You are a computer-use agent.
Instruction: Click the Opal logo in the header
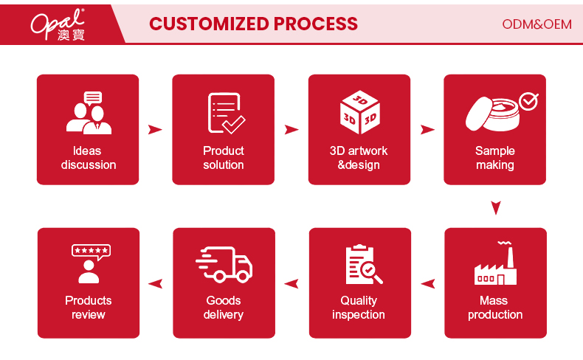(58, 24)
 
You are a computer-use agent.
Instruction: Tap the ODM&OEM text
(537, 24)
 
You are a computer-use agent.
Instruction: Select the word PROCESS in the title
(316, 24)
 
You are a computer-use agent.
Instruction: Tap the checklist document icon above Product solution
(224, 112)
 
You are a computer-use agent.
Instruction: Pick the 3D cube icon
(359, 111)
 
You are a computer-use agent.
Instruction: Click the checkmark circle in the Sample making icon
(528, 101)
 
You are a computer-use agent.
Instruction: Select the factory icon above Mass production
(495, 265)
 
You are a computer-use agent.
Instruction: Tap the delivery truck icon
(224, 264)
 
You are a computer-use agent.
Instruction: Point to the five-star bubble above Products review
(90, 250)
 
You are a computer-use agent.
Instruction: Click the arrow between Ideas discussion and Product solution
(155, 130)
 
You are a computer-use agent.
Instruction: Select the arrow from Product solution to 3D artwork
(291, 130)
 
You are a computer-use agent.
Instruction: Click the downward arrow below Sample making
(496, 207)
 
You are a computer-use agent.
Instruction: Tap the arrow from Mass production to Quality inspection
(428, 283)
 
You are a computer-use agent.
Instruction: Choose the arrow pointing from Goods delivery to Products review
(156, 283)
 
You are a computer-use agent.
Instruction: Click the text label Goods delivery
(224, 308)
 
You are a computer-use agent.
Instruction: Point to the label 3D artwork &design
(359, 158)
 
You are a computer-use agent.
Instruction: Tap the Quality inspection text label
(359, 308)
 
